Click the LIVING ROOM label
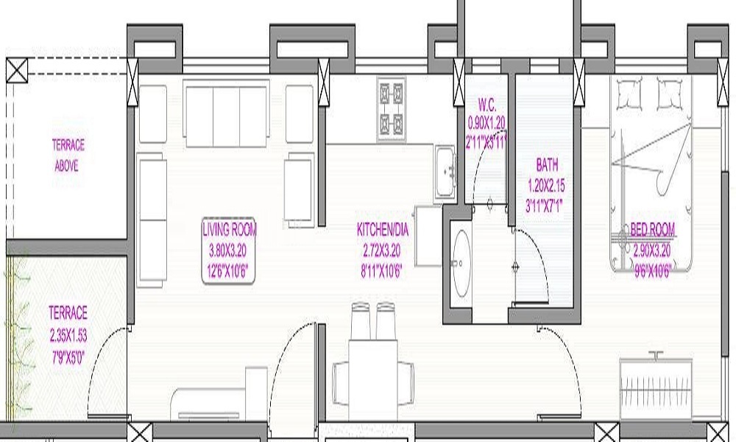(230, 229)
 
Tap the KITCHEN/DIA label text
(382, 229)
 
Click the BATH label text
(547, 164)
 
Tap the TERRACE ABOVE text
(66, 155)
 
